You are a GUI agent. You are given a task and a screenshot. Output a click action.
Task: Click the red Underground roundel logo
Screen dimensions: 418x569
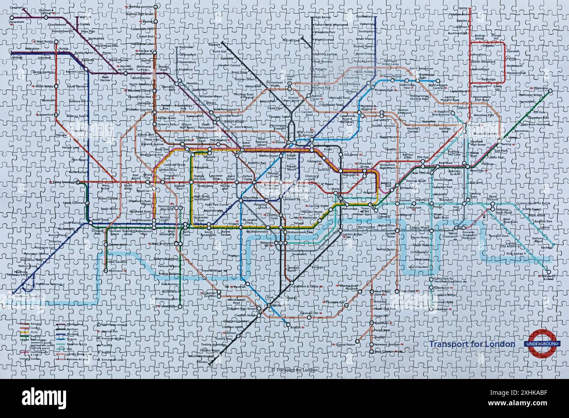(x=542, y=344)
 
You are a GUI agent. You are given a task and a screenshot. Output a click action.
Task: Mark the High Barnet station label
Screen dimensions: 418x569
(x=323, y=18)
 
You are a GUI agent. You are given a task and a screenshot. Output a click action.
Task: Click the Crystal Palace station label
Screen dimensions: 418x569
(x=346, y=345)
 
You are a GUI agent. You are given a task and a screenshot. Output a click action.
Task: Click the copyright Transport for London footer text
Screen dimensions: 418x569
(x=295, y=370)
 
